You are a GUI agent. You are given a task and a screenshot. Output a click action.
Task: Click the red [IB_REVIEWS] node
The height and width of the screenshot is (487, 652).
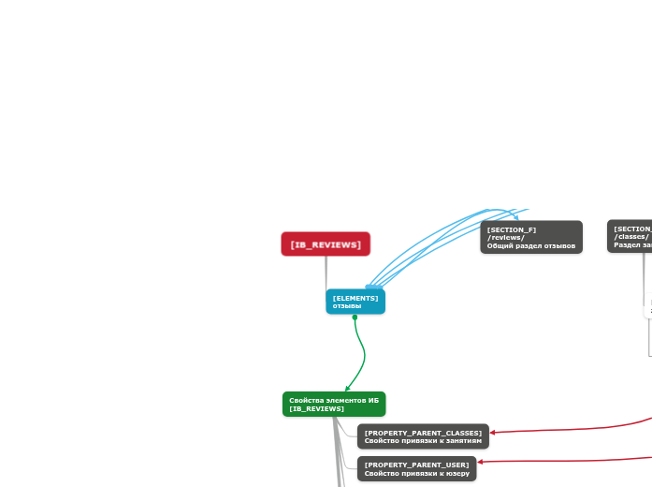(326, 244)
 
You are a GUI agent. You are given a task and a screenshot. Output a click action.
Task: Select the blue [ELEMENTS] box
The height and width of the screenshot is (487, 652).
(355, 302)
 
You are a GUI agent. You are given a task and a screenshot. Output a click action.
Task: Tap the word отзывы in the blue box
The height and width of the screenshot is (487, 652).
(347, 306)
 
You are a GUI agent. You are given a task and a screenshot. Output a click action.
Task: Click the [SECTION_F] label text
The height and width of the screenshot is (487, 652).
(512, 229)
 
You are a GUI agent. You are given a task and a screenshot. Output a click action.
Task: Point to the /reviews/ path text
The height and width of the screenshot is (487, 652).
(506, 238)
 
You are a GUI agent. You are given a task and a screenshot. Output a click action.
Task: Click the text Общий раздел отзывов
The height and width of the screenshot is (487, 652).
(531, 245)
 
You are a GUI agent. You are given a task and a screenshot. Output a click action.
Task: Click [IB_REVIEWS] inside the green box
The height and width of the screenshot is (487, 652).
(317, 409)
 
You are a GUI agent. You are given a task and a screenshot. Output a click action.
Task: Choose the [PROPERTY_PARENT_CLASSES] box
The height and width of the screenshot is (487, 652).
(423, 436)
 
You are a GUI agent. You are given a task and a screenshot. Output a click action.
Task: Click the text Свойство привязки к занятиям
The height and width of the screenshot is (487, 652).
(423, 440)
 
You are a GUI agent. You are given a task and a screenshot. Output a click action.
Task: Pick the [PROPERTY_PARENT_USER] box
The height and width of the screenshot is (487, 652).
(416, 468)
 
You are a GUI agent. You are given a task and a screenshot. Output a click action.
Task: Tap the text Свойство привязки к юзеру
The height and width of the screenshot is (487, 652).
(416, 473)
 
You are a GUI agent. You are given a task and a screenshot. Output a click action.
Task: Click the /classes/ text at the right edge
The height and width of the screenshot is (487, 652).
(631, 237)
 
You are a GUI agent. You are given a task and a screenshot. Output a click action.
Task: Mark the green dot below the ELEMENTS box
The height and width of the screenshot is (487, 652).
(355, 317)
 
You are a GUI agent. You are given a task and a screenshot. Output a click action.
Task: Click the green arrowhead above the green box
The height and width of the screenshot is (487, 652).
(347, 388)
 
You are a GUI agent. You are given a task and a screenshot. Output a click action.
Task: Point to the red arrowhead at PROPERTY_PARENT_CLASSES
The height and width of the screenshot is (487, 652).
(493, 433)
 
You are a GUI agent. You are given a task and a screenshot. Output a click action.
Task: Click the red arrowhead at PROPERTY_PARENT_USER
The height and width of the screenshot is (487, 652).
(481, 462)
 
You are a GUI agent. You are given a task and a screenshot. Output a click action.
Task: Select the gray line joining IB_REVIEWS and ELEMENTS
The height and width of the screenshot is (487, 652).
(326, 272)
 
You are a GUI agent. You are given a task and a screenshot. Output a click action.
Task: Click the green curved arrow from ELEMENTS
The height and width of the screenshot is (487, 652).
(364, 354)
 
